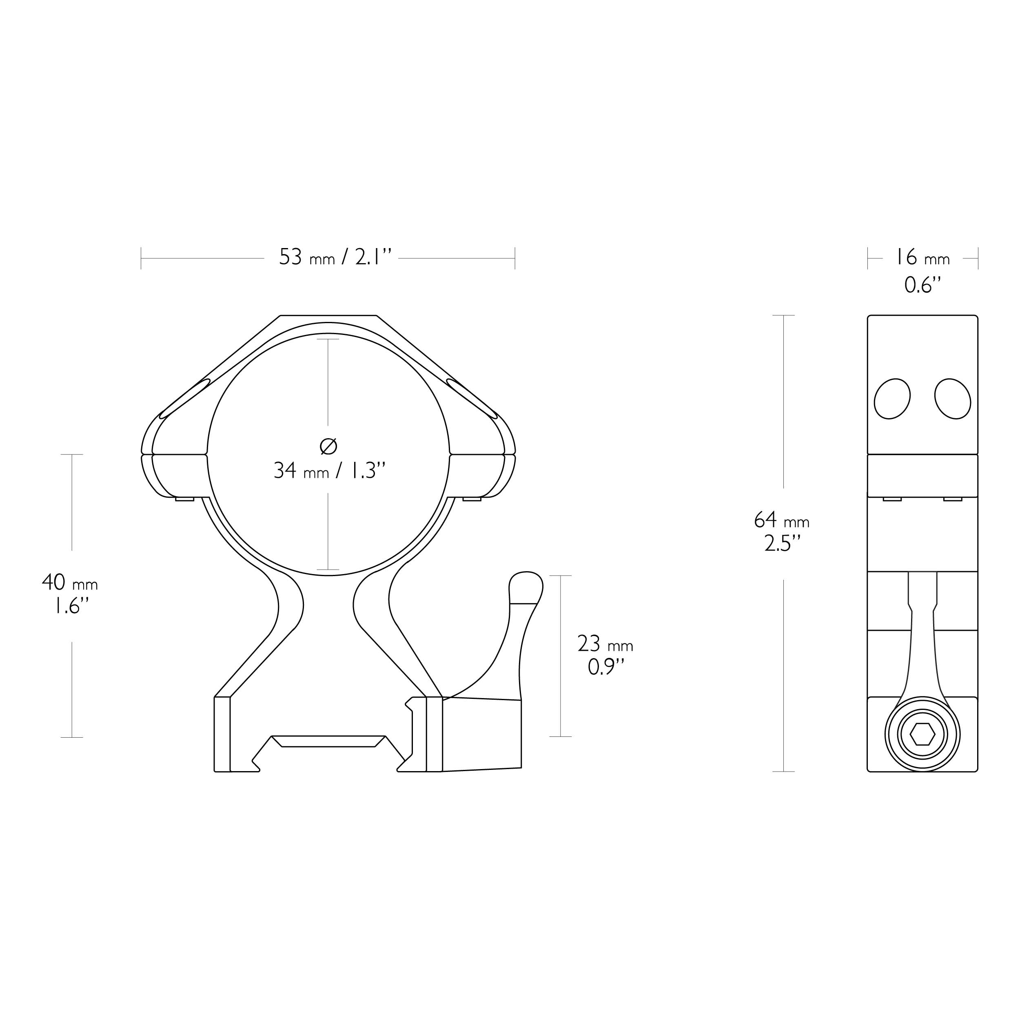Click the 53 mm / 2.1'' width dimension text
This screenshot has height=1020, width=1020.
pyautogui.click(x=335, y=257)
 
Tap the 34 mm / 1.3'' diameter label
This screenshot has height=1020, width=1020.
pyautogui.click(x=329, y=470)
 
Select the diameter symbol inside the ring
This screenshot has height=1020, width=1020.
pyautogui.click(x=328, y=447)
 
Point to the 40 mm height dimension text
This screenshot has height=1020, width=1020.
pyautogui.click(x=70, y=583)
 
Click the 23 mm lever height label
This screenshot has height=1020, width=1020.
pyautogui.click(x=605, y=644)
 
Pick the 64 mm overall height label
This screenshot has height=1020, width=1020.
pyautogui.click(x=781, y=520)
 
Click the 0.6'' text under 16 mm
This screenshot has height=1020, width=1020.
pyautogui.click(x=922, y=285)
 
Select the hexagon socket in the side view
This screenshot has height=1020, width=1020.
pyautogui.click(x=922, y=735)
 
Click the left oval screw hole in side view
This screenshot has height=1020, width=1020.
pyautogui.click(x=892, y=399)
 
